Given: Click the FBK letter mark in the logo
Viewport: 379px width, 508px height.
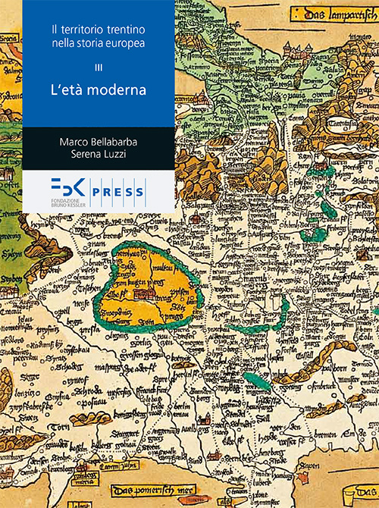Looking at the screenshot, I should pos(67,188).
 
